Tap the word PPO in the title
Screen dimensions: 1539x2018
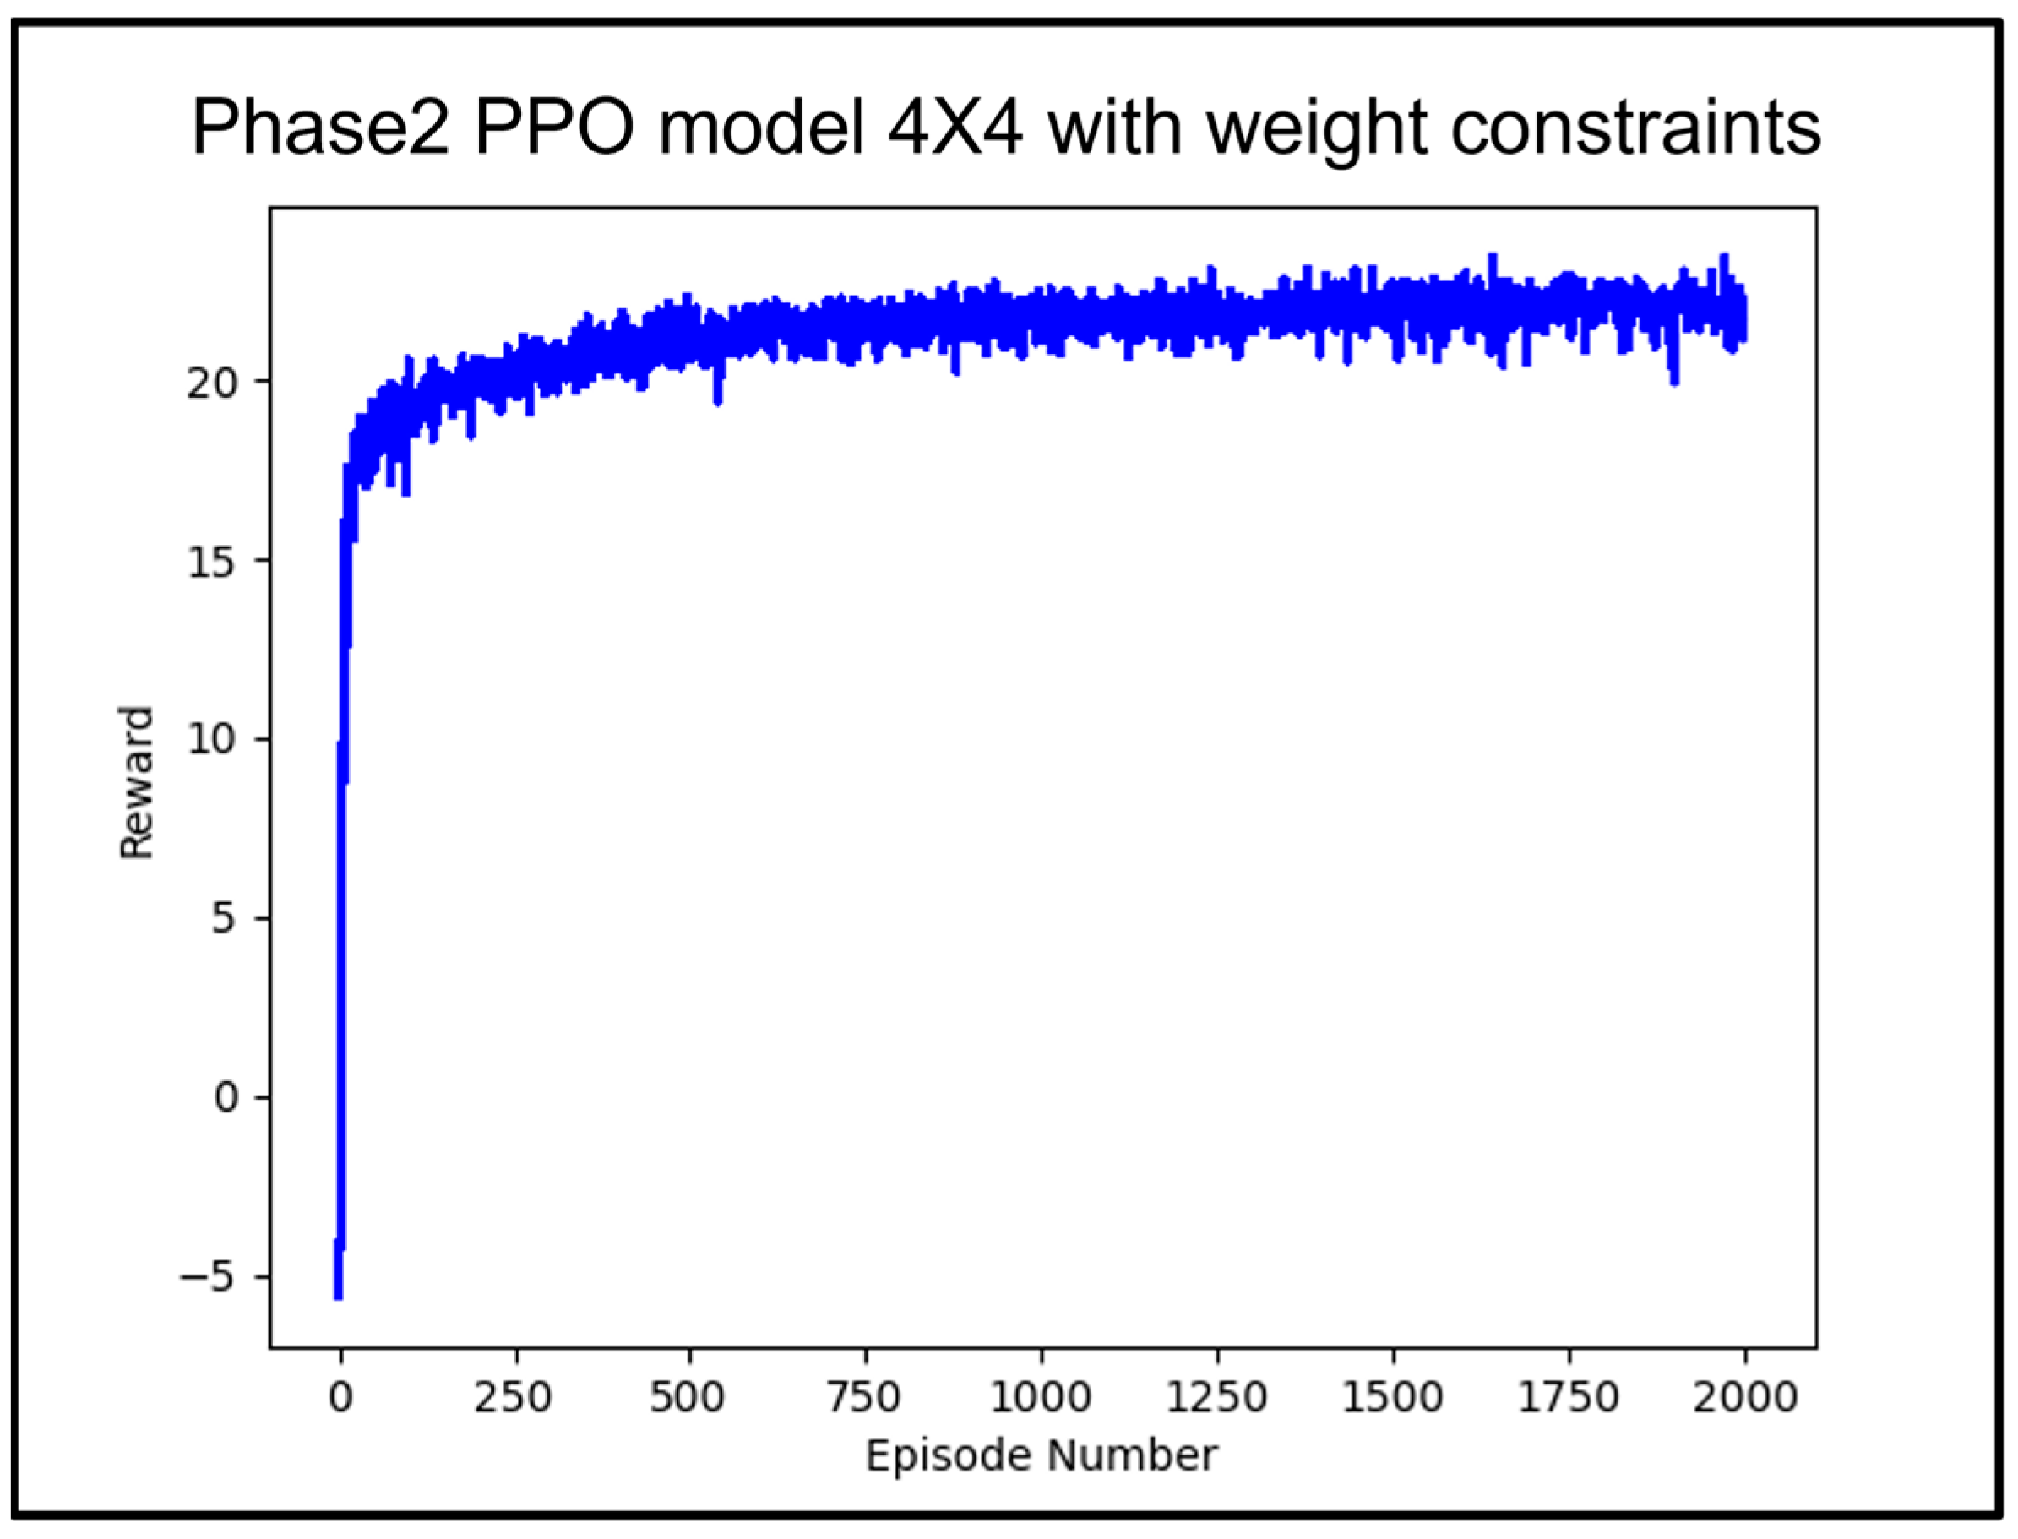(553, 128)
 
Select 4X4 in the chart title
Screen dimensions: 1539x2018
(955, 128)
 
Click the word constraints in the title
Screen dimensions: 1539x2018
(1635, 128)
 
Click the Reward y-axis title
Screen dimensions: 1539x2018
(137, 783)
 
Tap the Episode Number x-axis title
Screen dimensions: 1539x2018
(1042, 1455)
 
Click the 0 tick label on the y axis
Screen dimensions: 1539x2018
(226, 1097)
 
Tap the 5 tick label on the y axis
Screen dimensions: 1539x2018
(226, 918)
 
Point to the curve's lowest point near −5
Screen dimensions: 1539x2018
(338, 1293)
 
